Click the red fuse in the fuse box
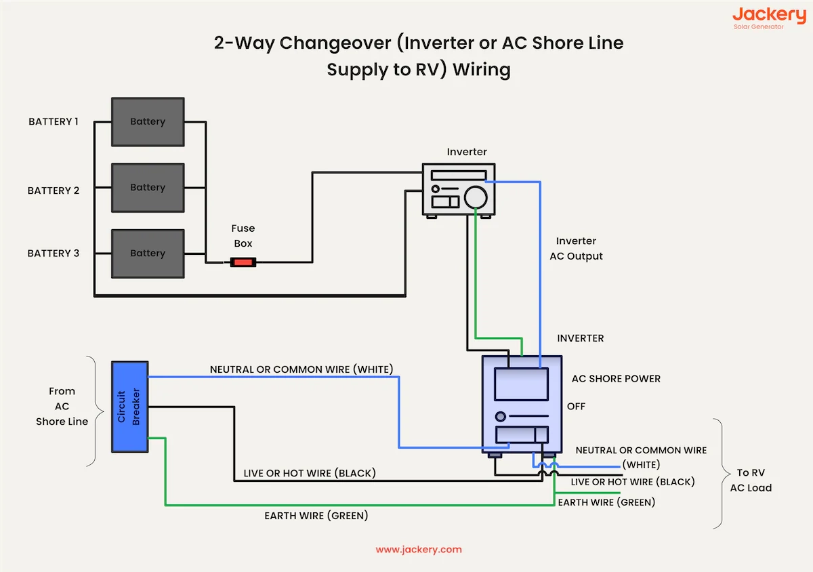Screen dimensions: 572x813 pyautogui.click(x=243, y=262)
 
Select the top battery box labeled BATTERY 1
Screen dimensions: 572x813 pyautogui.click(x=148, y=121)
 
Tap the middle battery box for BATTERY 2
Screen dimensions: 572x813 pyautogui.click(x=148, y=187)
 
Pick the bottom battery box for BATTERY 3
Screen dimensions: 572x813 pyautogui.click(x=148, y=253)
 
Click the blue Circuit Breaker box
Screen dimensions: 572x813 pyautogui.click(x=129, y=407)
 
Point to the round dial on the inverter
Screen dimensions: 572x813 pyautogui.click(x=476, y=197)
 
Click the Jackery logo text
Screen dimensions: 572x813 pyautogui.click(x=768, y=15)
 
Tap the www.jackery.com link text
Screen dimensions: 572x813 pyautogui.click(x=419, y=550)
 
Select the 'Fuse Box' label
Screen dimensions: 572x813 pyautogui.click(x=243, y=236)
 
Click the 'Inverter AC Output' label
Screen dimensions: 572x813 pyautogui.click(x=576, y=249)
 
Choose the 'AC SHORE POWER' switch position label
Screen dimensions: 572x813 pyautogui.click(x=616, y=379)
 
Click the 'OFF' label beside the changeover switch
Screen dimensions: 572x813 pyautogui.click(x=576, y=407)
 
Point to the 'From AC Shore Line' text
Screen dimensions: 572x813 pyautogui.click(x=62, y=406)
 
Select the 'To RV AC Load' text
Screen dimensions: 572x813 pyautogui.click(x=751, y=480)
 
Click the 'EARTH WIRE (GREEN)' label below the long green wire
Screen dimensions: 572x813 pyautogui.click(x=316, y=516)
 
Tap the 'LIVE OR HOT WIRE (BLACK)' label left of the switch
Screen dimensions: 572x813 pyautogui.click(x=310, y=473)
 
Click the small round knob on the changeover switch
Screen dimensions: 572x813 pyautogui.click(x=501, y=416)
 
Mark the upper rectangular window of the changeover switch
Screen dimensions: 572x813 pyautogui.click(x=521, y=384)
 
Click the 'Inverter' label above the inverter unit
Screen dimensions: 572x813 pyautogui.click(x=467, y=152)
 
